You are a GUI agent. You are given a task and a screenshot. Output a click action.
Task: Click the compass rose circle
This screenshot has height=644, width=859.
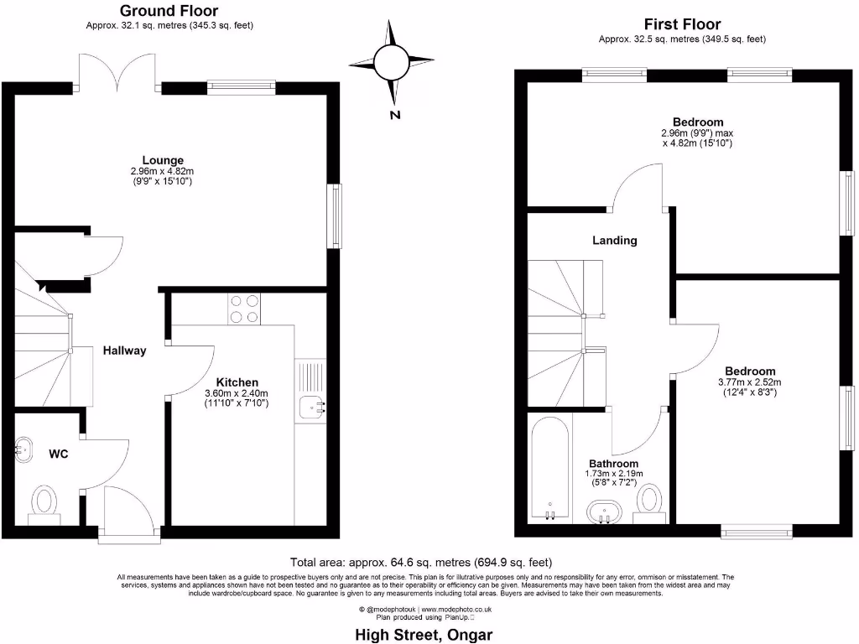392,62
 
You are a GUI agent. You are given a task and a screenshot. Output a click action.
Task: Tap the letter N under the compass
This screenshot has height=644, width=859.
394,116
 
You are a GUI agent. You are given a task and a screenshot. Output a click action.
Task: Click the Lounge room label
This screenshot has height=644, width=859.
163,160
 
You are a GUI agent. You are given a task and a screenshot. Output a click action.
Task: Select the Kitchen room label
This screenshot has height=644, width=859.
237,381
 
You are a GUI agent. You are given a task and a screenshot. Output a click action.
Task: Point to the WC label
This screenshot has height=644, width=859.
58,454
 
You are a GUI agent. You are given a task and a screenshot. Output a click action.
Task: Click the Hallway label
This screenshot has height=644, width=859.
124,351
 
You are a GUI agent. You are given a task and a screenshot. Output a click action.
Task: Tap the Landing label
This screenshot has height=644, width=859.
615,241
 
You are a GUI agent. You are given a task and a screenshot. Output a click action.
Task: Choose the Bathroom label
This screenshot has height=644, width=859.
613,464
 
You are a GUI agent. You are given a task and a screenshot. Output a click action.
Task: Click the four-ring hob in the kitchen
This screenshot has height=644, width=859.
243,309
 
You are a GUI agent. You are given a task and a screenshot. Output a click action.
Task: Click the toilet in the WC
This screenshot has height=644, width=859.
44,504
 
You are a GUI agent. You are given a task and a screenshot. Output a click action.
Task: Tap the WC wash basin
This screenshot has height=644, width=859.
24,449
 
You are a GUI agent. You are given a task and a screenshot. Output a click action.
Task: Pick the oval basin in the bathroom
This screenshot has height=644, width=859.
603,511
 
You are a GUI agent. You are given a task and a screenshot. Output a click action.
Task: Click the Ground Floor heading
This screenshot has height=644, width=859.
169,11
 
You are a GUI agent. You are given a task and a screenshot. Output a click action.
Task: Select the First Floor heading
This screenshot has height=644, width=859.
682,24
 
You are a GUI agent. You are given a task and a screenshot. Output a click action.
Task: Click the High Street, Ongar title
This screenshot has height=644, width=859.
424,634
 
